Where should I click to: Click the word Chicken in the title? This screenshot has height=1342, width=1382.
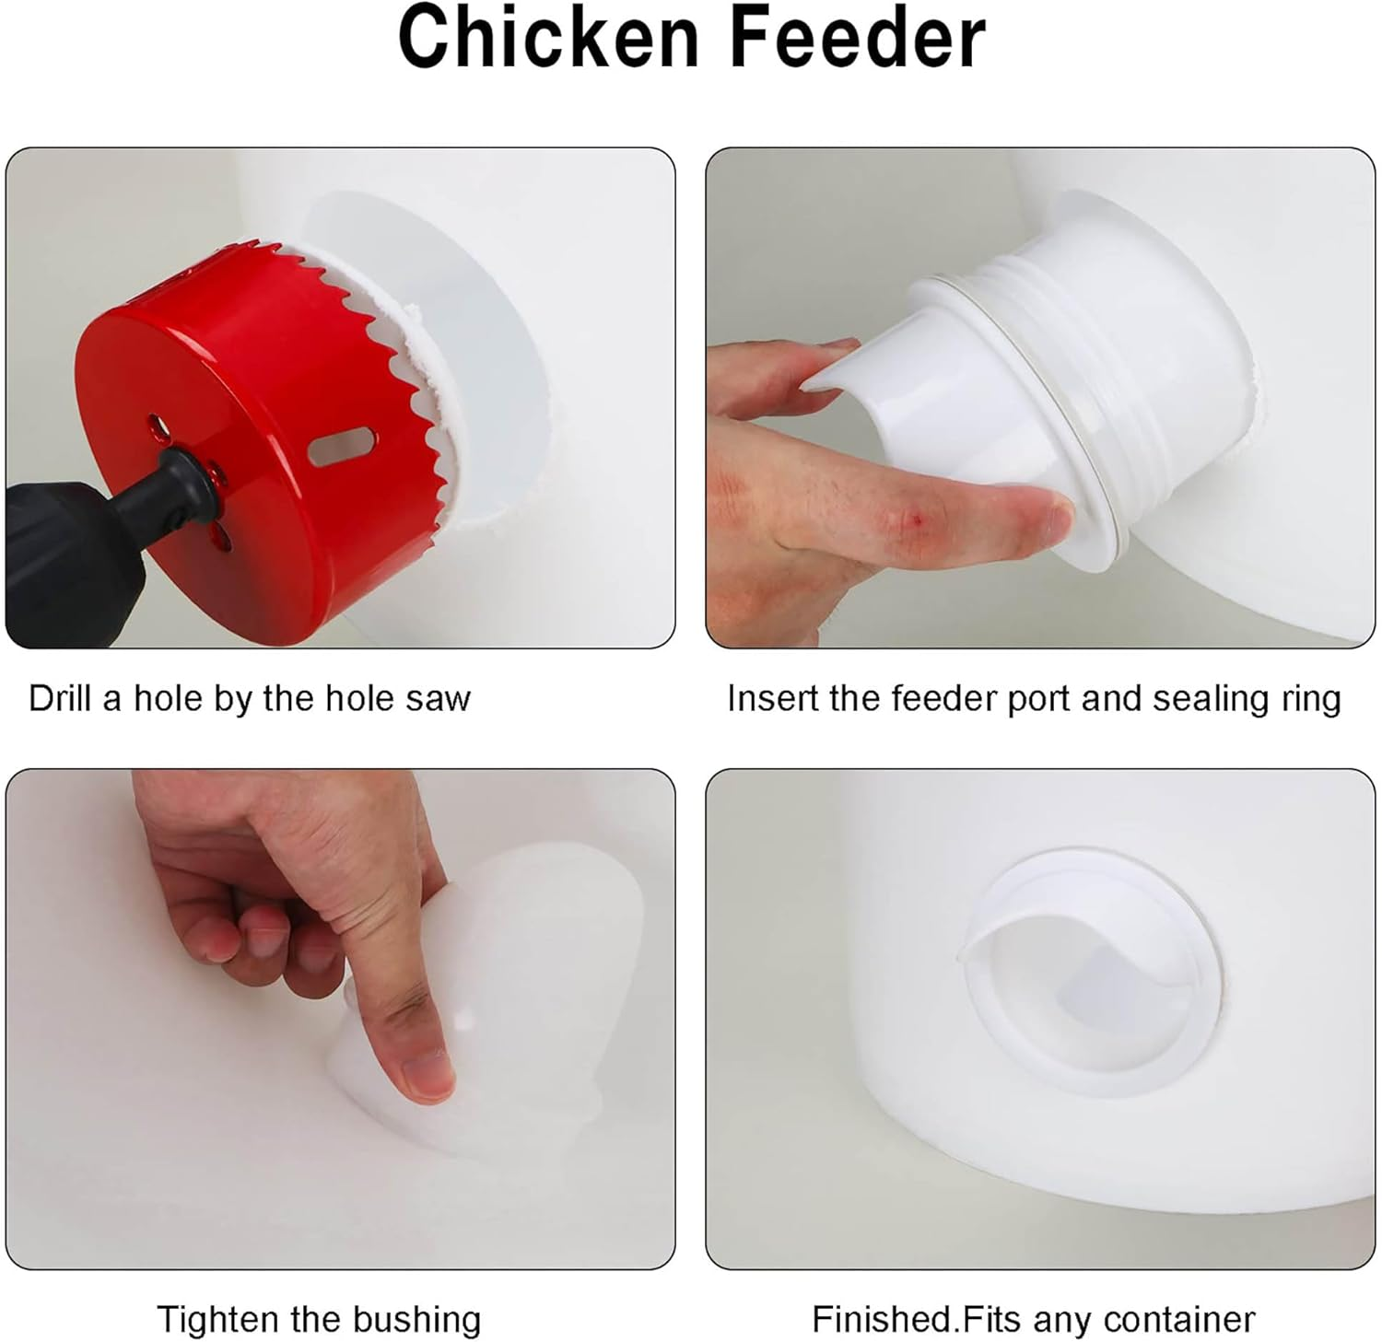pos(549,39)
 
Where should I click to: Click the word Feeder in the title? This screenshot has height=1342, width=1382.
pos(858,39)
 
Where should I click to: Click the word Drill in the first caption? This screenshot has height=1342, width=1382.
pos(60,698)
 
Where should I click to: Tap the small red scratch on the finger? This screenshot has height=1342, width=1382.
pos(914,520)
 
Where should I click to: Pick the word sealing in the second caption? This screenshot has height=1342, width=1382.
pos(1207,699)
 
